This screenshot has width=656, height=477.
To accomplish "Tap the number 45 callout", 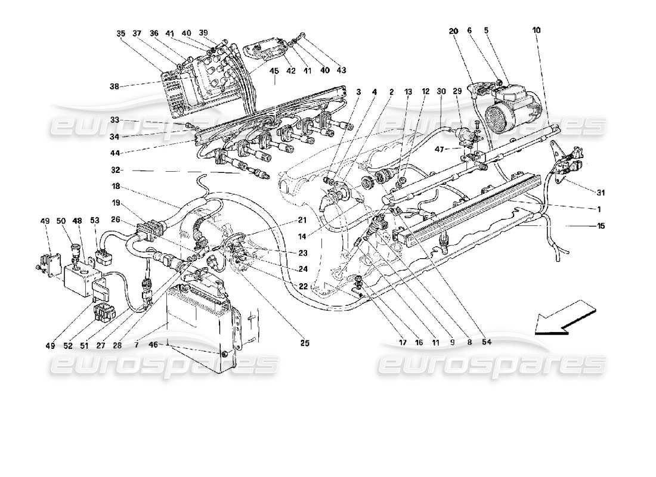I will coord(274,71).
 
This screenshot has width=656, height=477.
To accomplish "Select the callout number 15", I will coord(601,226).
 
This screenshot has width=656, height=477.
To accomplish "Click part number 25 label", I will coord(305,343).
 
